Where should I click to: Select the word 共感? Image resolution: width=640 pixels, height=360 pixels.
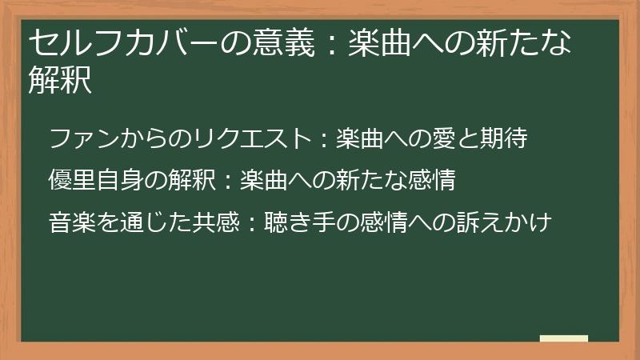click(x=216, y=221)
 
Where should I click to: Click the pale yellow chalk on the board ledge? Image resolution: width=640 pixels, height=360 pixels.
click(x=564, y=338)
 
